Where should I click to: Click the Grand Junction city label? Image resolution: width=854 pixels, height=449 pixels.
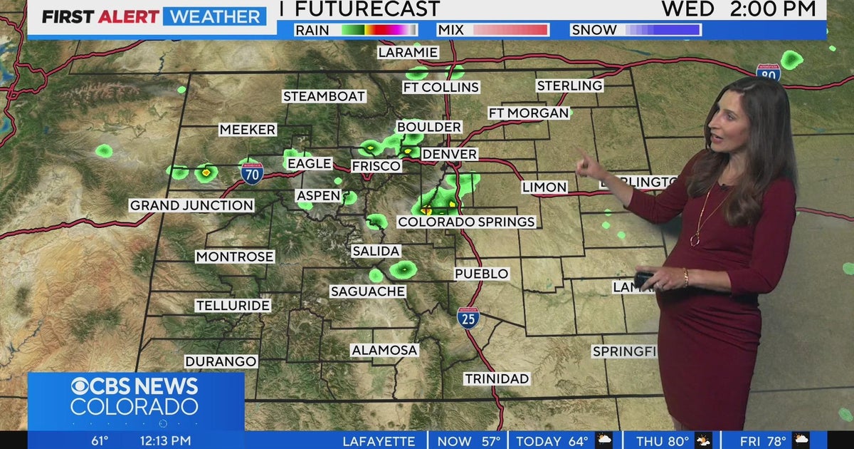[x=191, y=205]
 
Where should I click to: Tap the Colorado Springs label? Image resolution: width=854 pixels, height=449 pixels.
[x=466, y=222]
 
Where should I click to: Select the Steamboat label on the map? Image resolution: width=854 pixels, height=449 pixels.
[x=324, y=96]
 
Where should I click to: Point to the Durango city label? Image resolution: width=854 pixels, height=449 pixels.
[x=221, y=361]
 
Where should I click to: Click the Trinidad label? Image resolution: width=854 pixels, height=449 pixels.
[x=497, y=378]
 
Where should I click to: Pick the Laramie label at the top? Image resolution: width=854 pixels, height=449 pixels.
[x=408, y=52]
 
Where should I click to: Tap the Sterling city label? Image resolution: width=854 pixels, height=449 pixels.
[x=569, y=86]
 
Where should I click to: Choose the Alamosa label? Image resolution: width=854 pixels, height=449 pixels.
[x=384, y=350]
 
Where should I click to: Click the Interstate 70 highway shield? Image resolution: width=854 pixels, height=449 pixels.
[x=252, y=173]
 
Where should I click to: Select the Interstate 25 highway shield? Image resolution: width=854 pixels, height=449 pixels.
[x=468, y=318]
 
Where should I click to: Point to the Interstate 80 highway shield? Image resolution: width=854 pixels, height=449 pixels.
[x=768, y=72]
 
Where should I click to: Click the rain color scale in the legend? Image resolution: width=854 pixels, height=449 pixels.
[x=379, y=30]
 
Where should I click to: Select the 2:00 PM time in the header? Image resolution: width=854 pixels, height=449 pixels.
[x=772, y=9]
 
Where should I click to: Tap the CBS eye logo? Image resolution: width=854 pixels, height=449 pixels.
[x=83, y=386]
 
